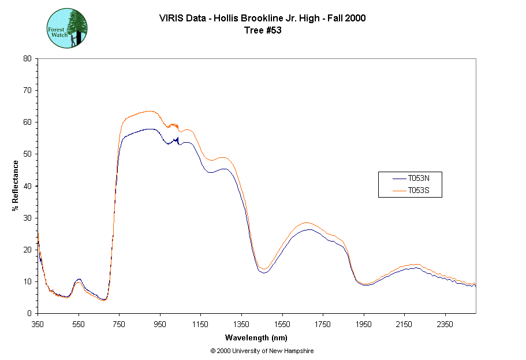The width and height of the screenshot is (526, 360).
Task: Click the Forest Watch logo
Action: [67, 28]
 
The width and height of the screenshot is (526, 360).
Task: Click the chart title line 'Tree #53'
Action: [263, 31]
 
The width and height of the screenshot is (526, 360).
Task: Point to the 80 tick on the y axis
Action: [27, 58]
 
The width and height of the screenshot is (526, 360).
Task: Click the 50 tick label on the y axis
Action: [27, 154]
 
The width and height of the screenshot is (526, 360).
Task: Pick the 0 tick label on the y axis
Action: [29, 313]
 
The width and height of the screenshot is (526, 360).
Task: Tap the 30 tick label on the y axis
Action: [27, 218]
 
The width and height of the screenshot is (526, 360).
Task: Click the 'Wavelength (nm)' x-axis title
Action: [256, 337]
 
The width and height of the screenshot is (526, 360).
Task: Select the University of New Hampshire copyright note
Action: [262, 351]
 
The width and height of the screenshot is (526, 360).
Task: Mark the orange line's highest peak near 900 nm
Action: [148, 111]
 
